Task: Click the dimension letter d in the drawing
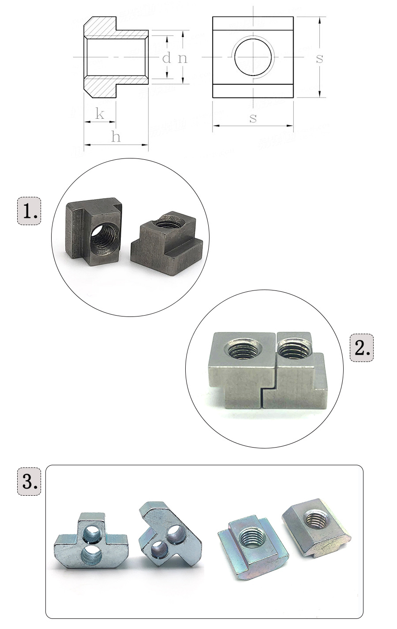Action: click(x=166, y=57)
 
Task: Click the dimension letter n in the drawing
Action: click(x=182, y=58)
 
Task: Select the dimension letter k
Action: click(x=100, y=114)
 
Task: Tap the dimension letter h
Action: click(x=116, y=137)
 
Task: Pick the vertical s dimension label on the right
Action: click(x=319, y=58)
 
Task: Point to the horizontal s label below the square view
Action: click(x=253, y=118)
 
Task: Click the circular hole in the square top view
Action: click(x=254, y=57)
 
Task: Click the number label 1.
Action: click(x=29, y=211)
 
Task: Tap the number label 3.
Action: click(x=29, y=481)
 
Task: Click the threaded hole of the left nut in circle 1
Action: click(x=104, y=239)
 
